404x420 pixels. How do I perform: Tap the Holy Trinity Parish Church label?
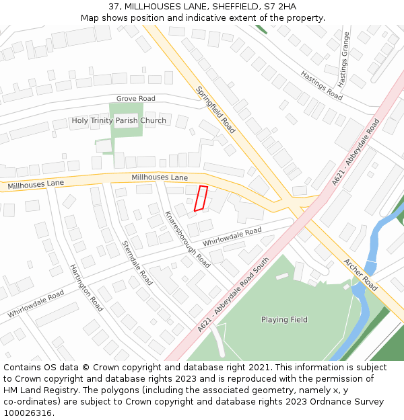coord(119,121)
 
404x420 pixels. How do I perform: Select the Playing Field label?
coord(284,320)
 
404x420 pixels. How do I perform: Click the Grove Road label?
coord(135,99)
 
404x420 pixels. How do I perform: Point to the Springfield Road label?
coord(215,110)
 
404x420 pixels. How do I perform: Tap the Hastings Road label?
coord(322,85)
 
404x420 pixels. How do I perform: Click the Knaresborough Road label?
coord(188,239)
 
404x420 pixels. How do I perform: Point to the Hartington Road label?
coord(86,288)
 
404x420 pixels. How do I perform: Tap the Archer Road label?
coord(360,275)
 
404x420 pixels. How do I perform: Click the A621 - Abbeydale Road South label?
coord(234,294)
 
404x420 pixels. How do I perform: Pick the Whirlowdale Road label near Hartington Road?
coord(36,304)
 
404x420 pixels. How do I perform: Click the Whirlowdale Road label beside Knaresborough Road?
coord(232,236)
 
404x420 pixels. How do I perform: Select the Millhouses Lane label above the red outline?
coord(160,177)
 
